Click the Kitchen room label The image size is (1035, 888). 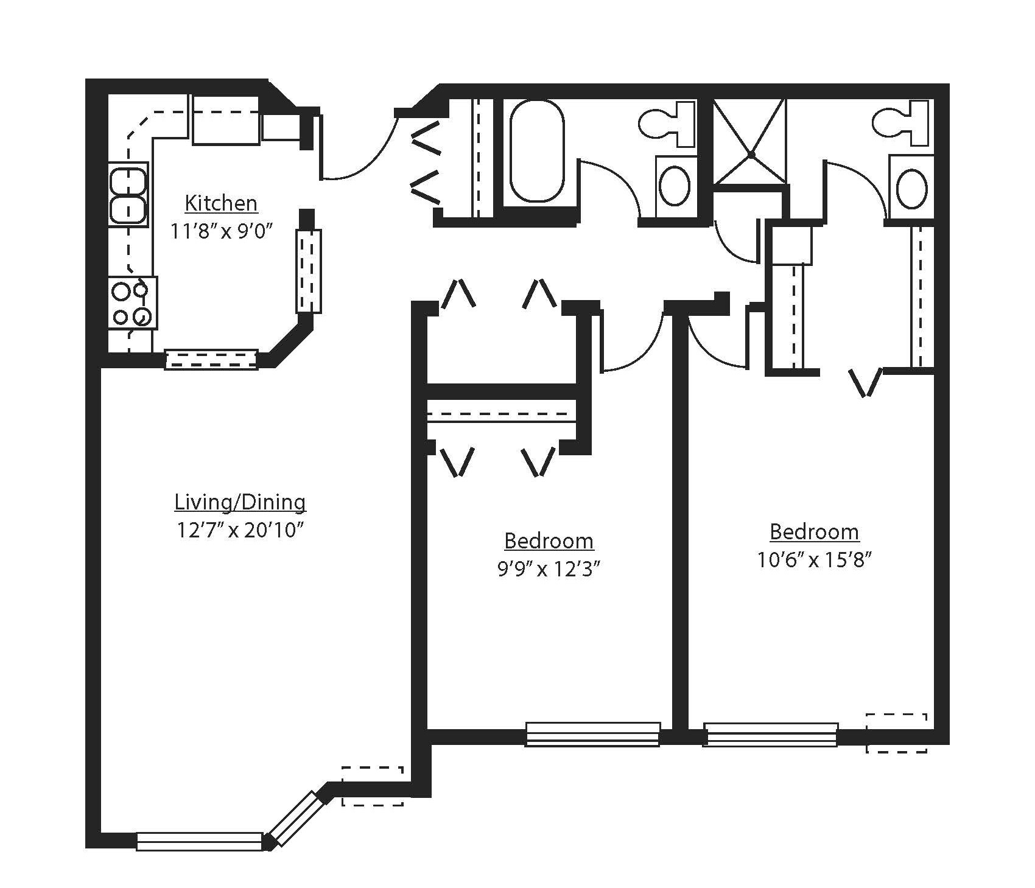pos(221,203)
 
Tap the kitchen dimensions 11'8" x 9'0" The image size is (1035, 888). pos(221,232)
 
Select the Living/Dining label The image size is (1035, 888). pos(240,503)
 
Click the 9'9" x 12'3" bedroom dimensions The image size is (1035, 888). pos(549,569)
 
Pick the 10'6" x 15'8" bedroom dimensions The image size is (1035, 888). pos(815,560)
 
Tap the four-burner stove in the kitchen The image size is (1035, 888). pos(133,303)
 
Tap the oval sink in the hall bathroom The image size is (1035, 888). pos(675,187)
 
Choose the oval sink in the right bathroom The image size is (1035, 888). pos(911,188)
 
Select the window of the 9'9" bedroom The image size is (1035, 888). pos(592,734)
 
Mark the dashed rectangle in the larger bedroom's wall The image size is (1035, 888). pos(896,733)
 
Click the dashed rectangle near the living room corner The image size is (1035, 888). pos(373,786)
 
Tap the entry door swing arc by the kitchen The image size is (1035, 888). pos(359,161)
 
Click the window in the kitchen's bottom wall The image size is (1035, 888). pos(211,360)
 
